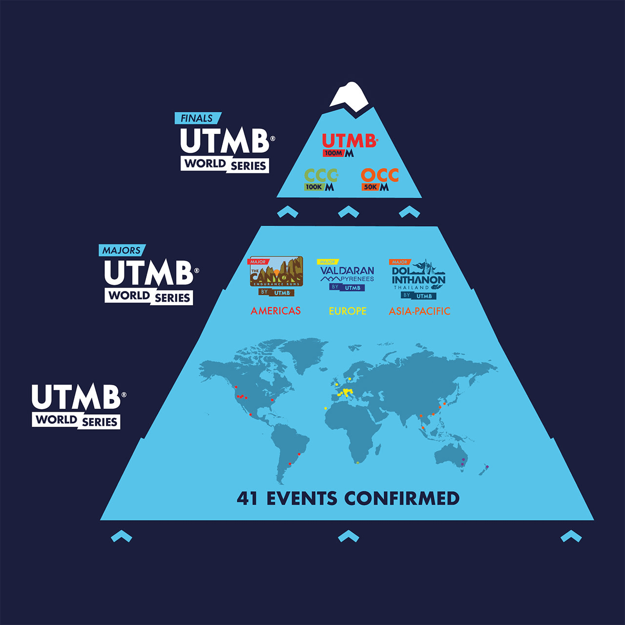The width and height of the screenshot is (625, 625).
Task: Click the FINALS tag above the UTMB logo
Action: [197, 118]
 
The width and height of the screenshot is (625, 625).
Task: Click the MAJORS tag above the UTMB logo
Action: [122, 250]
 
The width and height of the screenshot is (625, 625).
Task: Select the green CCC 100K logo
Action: [321, 180]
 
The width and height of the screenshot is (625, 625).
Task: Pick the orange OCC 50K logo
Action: [379, 180]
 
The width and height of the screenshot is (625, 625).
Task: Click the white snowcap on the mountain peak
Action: [349, 96]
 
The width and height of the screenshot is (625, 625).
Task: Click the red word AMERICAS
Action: [276, 311]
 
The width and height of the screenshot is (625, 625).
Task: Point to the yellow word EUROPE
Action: [348, 311]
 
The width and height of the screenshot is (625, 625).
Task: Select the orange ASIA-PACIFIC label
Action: [419, 311]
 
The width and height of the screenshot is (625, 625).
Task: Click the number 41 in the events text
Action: [247, 499]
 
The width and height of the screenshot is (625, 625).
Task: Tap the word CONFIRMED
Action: [402, 499]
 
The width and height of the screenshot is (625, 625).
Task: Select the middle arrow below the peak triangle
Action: [349, 212]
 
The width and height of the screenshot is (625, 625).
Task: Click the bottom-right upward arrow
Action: [571, 537]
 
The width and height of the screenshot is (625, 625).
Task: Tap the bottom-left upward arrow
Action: [122, 537]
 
